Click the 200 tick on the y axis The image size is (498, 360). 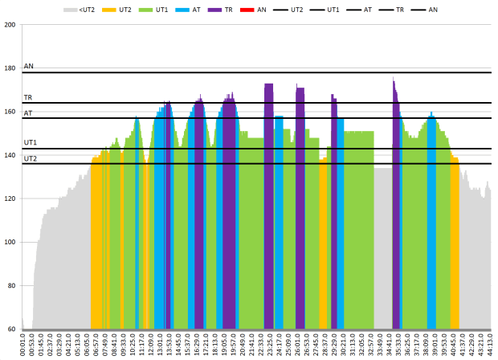10,25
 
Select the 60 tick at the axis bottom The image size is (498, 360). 13,329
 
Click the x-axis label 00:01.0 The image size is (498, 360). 23,346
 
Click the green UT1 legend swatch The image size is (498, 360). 144,10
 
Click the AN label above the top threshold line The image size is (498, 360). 29,66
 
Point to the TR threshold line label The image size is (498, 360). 28,97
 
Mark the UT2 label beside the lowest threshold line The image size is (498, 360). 31,158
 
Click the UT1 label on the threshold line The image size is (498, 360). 31,142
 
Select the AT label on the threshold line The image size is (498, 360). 28,113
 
